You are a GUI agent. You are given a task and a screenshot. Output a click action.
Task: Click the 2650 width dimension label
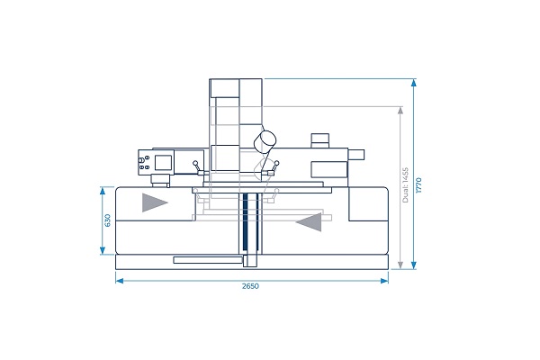click(x=250, y=286)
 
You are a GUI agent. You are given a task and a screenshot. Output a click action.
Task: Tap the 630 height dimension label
click(x=107, y=220)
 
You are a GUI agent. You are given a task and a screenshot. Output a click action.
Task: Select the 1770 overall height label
click(x=418, y=185)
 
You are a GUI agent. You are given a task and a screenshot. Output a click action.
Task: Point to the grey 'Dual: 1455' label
click(x=405, y=185)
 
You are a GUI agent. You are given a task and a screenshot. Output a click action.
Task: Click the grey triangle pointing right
click(x=155, y=202)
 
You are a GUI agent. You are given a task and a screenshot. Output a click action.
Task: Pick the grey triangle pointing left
click(x=309, y=222)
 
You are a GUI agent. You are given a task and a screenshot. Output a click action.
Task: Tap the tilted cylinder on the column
click(x=265, y=141)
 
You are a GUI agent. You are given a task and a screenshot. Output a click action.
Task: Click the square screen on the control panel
click(x=163, y=163)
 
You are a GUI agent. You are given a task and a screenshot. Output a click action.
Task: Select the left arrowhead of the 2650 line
click(x=119, y=281)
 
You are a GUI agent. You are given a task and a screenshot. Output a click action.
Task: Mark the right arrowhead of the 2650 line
click(x=384, y=281)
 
